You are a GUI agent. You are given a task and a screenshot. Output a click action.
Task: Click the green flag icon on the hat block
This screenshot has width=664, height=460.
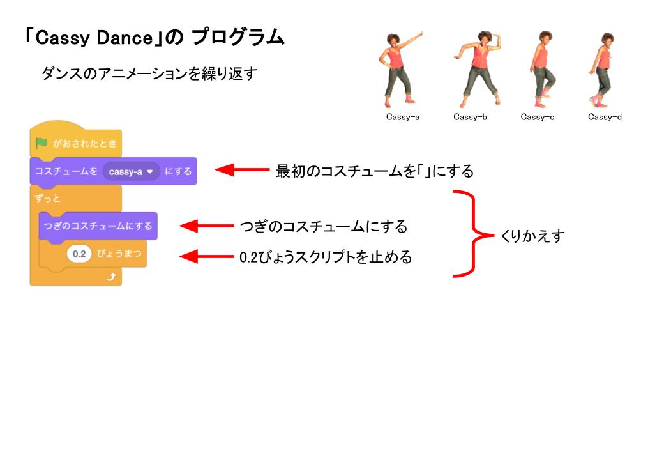click(41, 143)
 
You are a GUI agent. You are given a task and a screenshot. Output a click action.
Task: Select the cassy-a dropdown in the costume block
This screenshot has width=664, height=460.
click(132, 171)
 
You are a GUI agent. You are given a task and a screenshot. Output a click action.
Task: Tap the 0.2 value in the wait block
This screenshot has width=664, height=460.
click(79, 254)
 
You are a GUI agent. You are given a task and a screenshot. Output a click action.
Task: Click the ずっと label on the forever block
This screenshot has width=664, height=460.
click(49, 198)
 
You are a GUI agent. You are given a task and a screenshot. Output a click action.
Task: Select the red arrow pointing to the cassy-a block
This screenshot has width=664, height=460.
click(243, 171)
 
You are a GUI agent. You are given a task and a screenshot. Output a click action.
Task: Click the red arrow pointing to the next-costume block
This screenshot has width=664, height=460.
click(207, 226)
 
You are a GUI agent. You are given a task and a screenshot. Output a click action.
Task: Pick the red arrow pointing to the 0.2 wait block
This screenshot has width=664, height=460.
click(207, 257)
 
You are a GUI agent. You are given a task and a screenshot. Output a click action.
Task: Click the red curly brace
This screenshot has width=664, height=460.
click(473, 234)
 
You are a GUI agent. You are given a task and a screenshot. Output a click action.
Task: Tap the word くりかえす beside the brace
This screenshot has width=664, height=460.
click(532, 236)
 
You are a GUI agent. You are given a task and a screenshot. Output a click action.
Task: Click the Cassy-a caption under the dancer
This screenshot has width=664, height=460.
click(403, 117)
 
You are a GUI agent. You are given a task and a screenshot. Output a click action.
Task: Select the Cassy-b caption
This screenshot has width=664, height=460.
click(470, 117)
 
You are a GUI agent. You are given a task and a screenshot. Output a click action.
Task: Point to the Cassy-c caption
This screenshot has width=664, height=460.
click(537, 117)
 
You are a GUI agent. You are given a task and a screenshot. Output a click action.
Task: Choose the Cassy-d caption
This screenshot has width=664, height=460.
click(605, 117)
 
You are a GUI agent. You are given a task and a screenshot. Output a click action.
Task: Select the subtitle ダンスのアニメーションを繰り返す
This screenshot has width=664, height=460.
click(149, 73)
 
